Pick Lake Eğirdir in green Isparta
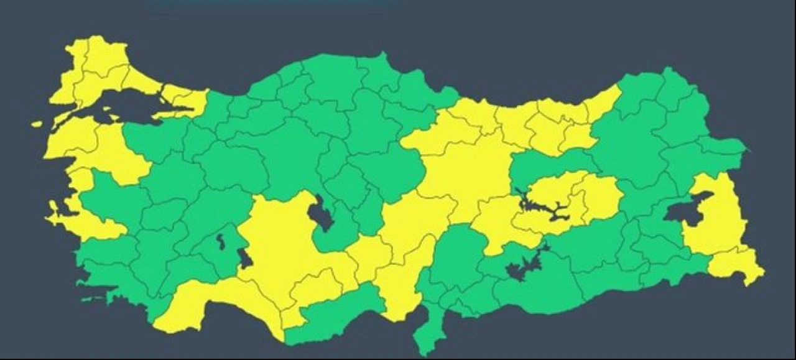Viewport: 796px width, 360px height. tap(221, 242)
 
